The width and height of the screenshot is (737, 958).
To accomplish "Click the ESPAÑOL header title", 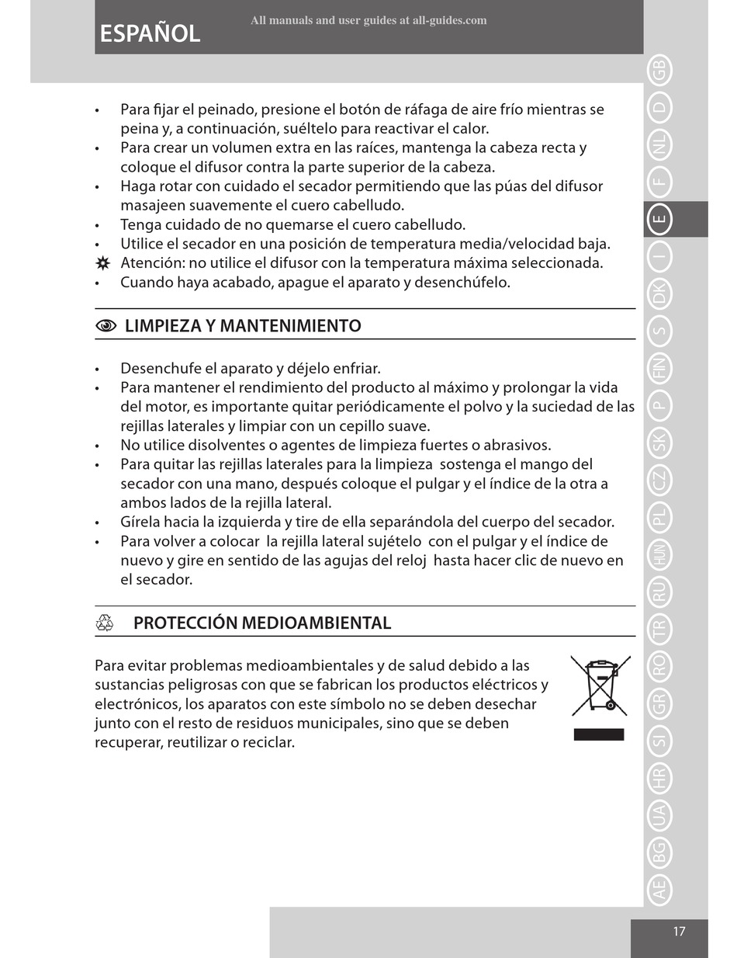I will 150,33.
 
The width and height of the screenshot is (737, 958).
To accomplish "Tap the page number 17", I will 679,932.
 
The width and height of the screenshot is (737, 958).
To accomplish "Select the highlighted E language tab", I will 659,219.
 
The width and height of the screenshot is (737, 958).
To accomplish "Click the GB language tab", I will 659,71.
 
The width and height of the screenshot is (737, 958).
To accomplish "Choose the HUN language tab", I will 659,554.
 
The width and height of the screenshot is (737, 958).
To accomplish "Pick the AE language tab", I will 659,888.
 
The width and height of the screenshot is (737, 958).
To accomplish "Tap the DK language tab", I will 659,294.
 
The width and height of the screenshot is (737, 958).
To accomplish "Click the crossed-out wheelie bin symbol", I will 600,686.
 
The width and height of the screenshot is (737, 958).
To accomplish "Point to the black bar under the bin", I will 599,734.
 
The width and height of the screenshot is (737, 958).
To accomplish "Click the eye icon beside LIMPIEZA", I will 106,326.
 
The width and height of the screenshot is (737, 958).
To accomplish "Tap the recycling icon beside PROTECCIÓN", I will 105,623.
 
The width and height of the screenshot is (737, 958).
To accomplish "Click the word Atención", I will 152,263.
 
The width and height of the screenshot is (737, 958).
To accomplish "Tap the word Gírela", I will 140,522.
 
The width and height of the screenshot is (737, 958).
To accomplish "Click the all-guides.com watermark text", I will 368,20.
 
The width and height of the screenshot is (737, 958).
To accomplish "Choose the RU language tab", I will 659,592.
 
